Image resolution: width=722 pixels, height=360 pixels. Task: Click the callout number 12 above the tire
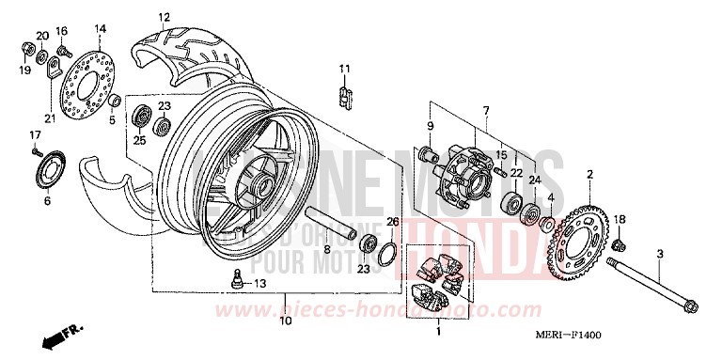[x=164, y=18]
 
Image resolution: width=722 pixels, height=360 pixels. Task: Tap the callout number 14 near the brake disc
[x=100, y=28]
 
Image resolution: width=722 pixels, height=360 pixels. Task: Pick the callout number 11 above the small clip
[x=344, y=68]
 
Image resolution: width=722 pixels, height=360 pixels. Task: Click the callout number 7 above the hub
[x=487, y=112]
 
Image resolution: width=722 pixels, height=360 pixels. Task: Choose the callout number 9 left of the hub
[x=431, y=127]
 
